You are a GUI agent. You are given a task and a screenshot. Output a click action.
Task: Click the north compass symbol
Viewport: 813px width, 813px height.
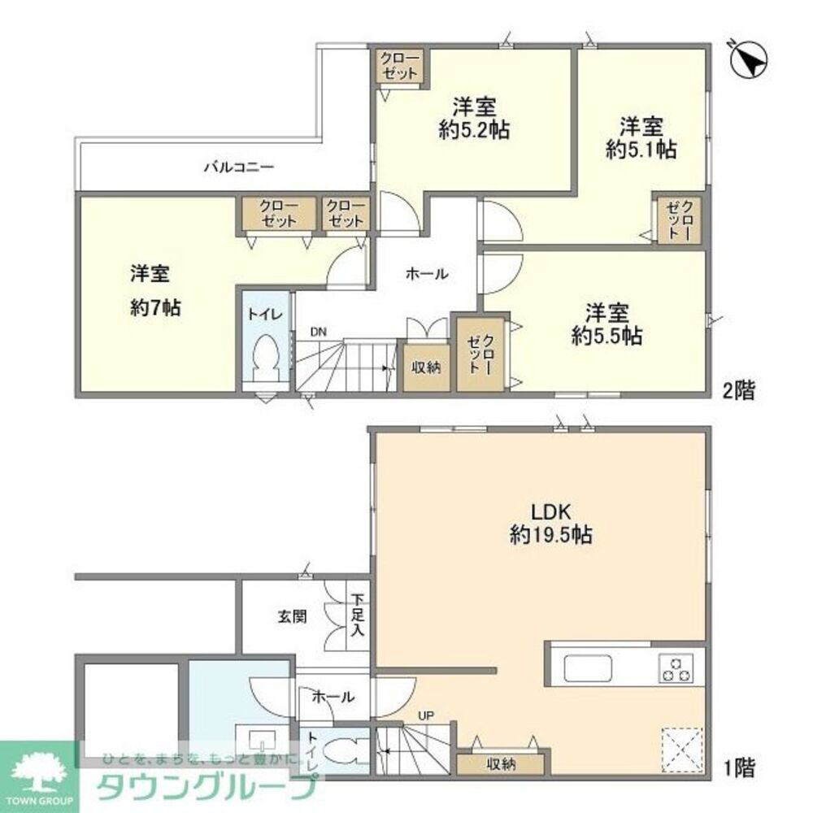pyautogui.click(x=750, y=59)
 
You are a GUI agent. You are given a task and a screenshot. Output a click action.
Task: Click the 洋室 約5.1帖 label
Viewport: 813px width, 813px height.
pyautogui.click(x=641, y=138)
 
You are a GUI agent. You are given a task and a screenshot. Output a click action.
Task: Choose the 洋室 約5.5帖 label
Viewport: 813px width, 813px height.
pyautogui.click(x=606, y=324)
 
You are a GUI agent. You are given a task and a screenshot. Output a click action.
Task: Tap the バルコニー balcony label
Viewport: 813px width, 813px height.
pyautogui.click(x=238, y=168)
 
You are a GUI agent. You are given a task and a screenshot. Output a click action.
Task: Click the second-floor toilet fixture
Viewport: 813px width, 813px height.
pyautogui.click(x=267, y=359)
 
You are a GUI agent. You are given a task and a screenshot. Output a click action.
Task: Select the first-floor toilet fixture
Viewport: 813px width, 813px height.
pyautogui.click(x=348, y=750)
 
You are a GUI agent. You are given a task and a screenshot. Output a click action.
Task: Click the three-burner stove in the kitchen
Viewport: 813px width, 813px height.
pyautogui.click(x=676, y=667)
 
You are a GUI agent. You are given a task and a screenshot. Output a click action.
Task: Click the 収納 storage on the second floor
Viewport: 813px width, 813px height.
pyautogui.click(x=425, y=367)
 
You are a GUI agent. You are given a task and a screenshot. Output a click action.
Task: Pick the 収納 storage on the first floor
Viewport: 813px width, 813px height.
pyautogui.click(x=502, y=764)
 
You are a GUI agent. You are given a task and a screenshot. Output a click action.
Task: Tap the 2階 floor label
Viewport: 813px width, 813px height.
pyautogui.click(x=739, y=391)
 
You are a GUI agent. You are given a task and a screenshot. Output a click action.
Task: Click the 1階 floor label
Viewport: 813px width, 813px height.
pyautogui.click(x=739, y=766)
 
